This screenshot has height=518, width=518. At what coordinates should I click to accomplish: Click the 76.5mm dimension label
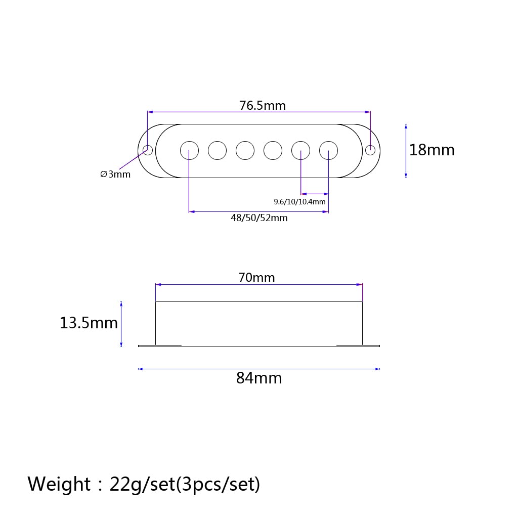point(263,106)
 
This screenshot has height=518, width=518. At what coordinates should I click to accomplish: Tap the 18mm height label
point(432,150)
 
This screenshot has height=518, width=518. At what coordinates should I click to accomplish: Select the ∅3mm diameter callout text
point(115,174)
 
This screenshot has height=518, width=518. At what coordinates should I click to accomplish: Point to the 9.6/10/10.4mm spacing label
point(299,201)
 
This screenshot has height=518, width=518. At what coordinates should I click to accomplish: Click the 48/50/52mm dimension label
point(259,218)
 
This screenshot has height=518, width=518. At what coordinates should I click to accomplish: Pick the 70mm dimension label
point(256,278)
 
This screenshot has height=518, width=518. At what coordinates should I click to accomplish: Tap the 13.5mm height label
point(89,323)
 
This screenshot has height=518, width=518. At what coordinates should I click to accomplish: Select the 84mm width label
point(259,378)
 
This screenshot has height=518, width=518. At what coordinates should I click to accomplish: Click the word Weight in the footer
point(59,484)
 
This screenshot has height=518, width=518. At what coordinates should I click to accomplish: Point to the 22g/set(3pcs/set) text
point(185,484)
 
